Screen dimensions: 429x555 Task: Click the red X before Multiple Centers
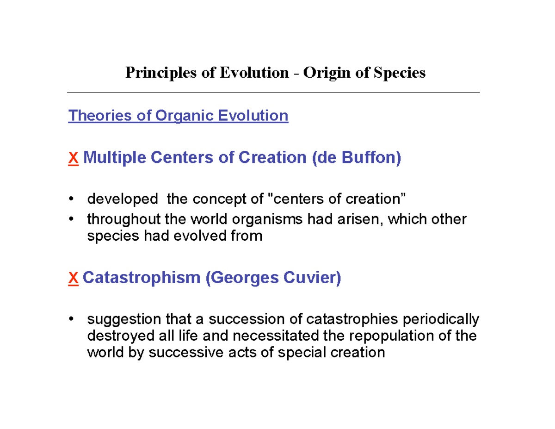point(73,158)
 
